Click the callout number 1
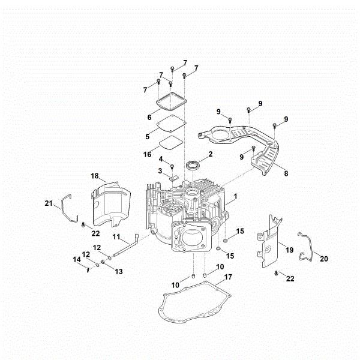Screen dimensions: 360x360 [235, 196]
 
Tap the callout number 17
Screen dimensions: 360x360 [227, 277]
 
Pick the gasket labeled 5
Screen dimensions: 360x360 [167, 125]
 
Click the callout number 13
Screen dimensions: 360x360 [119, 271]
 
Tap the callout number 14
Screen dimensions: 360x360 [76, 259]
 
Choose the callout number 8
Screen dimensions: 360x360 [286, 174]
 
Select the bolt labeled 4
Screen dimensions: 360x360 [172, 166]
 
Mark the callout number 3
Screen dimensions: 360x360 [160, 171]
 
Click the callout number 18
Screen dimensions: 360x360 [94, 175]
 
